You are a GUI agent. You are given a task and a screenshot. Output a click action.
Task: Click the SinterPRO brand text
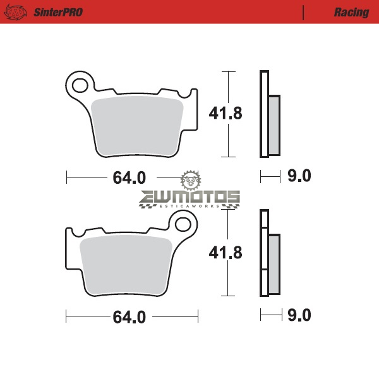(x=58, y=12)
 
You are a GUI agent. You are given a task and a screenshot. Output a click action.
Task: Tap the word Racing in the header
(x=351, y=13)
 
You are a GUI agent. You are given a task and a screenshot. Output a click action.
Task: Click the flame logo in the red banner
(x=15, y=13)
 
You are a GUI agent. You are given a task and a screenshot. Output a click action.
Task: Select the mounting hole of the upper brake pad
(x=80, y=85)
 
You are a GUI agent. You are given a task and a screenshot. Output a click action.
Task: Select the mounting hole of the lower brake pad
(x=183, y=224)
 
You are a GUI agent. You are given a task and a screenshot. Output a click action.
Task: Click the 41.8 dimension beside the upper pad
(x=226, y=113)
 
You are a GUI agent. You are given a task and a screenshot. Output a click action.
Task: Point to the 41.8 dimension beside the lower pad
(x=226, y=253)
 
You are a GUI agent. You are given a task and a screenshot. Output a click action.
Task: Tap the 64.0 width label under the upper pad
(x=129, y=177)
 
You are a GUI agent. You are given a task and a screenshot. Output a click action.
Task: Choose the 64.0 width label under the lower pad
(x=129, y=317)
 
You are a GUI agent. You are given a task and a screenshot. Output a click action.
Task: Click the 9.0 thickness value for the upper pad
(x=299, y=176)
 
